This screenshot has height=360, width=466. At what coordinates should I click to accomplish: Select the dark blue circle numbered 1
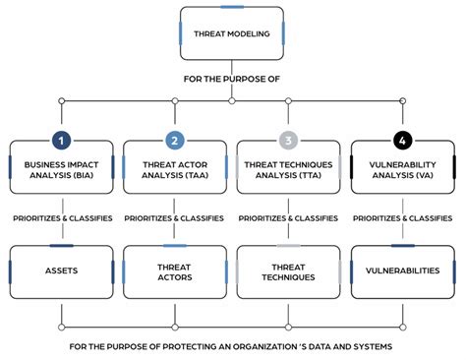point(61,140)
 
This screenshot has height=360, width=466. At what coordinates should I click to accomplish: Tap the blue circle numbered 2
point(175,140)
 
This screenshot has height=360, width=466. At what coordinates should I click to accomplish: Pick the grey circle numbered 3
point(289,140)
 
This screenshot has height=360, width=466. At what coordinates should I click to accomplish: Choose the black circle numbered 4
point(403,140)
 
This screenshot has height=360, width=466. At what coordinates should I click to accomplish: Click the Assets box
point(61,270)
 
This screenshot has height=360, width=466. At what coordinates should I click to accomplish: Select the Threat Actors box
point(175,270)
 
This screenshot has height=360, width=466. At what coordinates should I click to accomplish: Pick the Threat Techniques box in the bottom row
point(289,270)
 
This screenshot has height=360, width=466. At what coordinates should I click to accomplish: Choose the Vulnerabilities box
point(403,270)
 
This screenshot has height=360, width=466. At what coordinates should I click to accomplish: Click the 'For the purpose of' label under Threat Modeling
point(232,79)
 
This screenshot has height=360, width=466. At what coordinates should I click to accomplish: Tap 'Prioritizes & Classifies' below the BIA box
point(61,218)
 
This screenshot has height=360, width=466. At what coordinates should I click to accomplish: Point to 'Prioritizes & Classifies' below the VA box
point(403,218)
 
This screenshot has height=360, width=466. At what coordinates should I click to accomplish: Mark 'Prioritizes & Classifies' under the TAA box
point(175,218)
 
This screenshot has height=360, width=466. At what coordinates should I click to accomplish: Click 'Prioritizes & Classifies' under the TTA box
point(289,218)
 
